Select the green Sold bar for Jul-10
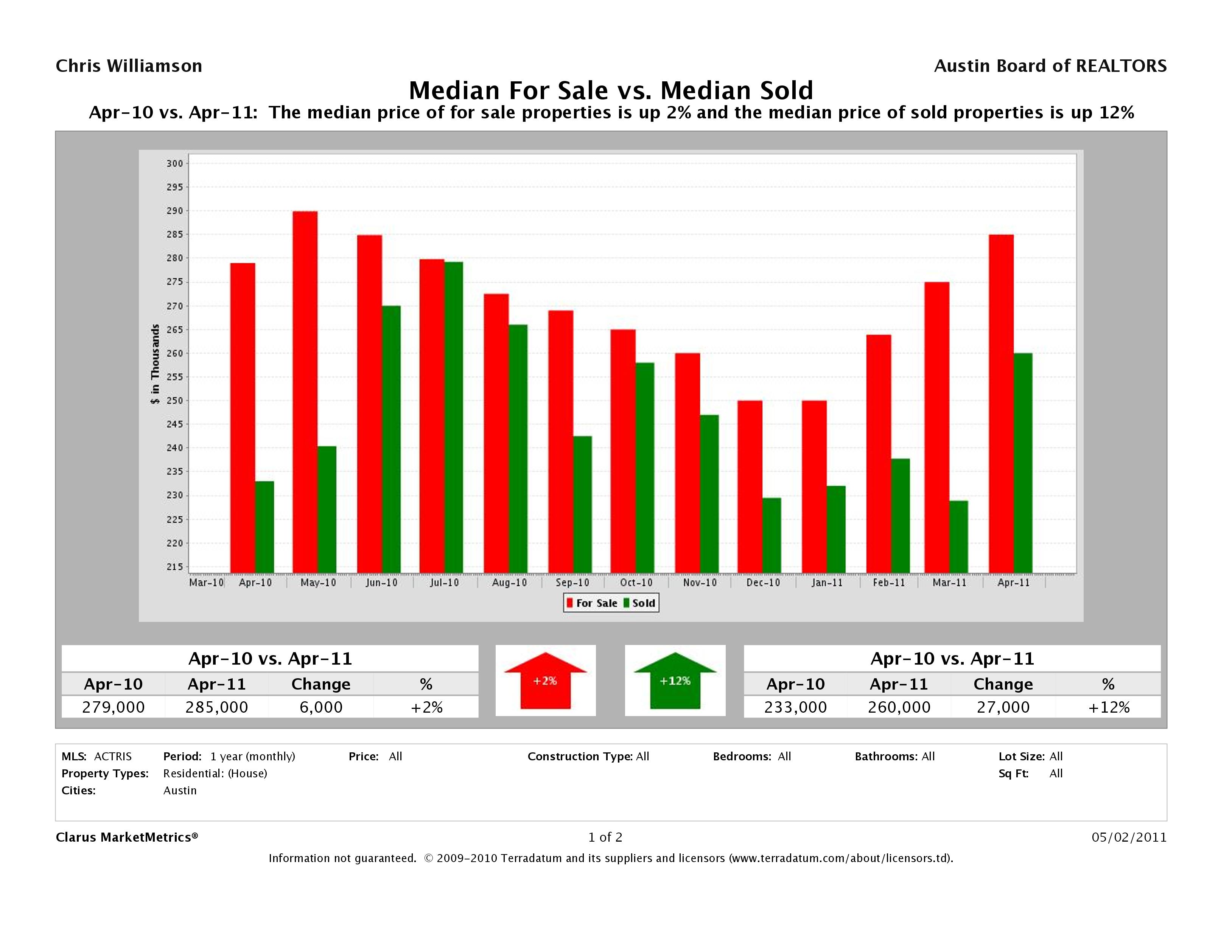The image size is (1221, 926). tap(454, 417)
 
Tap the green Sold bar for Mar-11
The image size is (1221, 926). tap(958, 536)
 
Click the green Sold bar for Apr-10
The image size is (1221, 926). tap(264, 527)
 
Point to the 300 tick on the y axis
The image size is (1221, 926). tap(174, 163)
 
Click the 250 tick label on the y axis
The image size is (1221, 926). tap(174, 401)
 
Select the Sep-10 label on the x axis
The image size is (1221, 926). tap(572, 583)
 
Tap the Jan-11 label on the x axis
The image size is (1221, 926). tap(827, 583)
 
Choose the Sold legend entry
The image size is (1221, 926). tap(640, 603)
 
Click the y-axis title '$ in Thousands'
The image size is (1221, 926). tap(155, 364)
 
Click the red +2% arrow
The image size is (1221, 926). tap(545, 681)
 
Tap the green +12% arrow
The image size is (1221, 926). tap(675, 681)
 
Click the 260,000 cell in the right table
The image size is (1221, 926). tap(899, 707)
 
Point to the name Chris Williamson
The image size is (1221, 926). tap(129, 66)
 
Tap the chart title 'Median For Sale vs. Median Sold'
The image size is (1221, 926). tap(611, 90)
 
